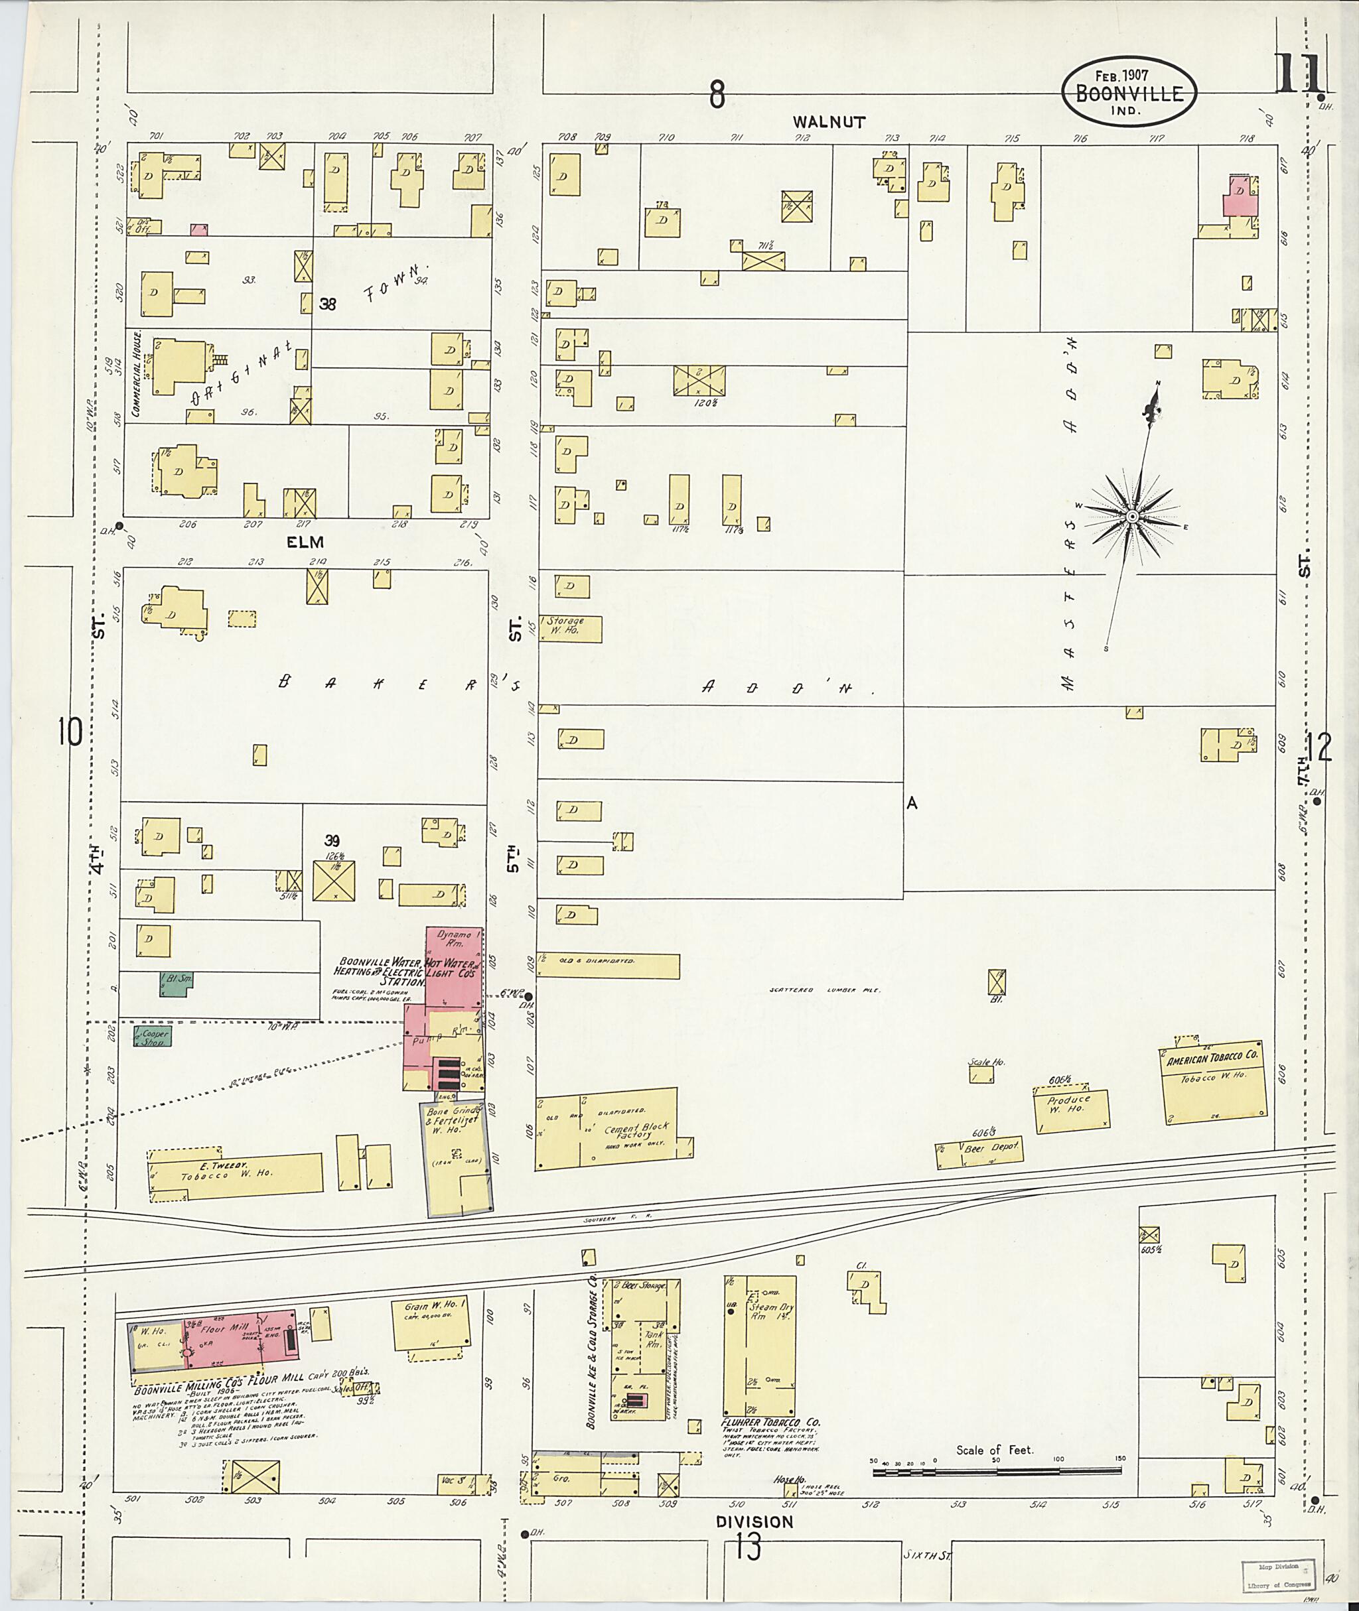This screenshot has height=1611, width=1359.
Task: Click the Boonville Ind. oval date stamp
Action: [1129, 91]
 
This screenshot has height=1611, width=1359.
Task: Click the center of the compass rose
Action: [1132, 516]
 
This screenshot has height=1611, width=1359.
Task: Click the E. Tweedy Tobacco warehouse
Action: [235, 1175]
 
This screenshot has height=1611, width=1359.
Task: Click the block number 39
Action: [331, 841]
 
